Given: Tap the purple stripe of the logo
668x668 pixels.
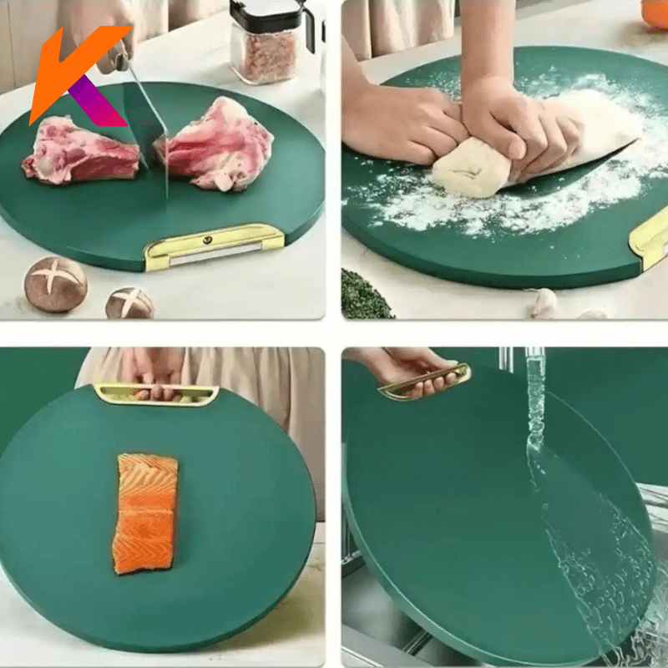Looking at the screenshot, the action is pos(97,102).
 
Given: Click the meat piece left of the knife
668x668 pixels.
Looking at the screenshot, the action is pos(81,151).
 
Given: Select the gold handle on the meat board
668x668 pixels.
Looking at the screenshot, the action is pos(214,246).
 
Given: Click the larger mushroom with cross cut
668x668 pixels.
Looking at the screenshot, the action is pos(55,284).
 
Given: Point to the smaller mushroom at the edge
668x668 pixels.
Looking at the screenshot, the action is pos(129,303).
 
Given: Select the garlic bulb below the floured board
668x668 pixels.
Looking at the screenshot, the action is pos(544,302).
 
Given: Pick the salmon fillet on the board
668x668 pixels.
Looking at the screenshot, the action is pos(145,514).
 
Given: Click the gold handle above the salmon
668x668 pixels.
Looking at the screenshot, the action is pos(156,394).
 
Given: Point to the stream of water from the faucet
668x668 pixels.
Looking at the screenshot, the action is pos(535,409).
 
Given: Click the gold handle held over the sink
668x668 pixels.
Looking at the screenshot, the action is pos(425,382).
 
